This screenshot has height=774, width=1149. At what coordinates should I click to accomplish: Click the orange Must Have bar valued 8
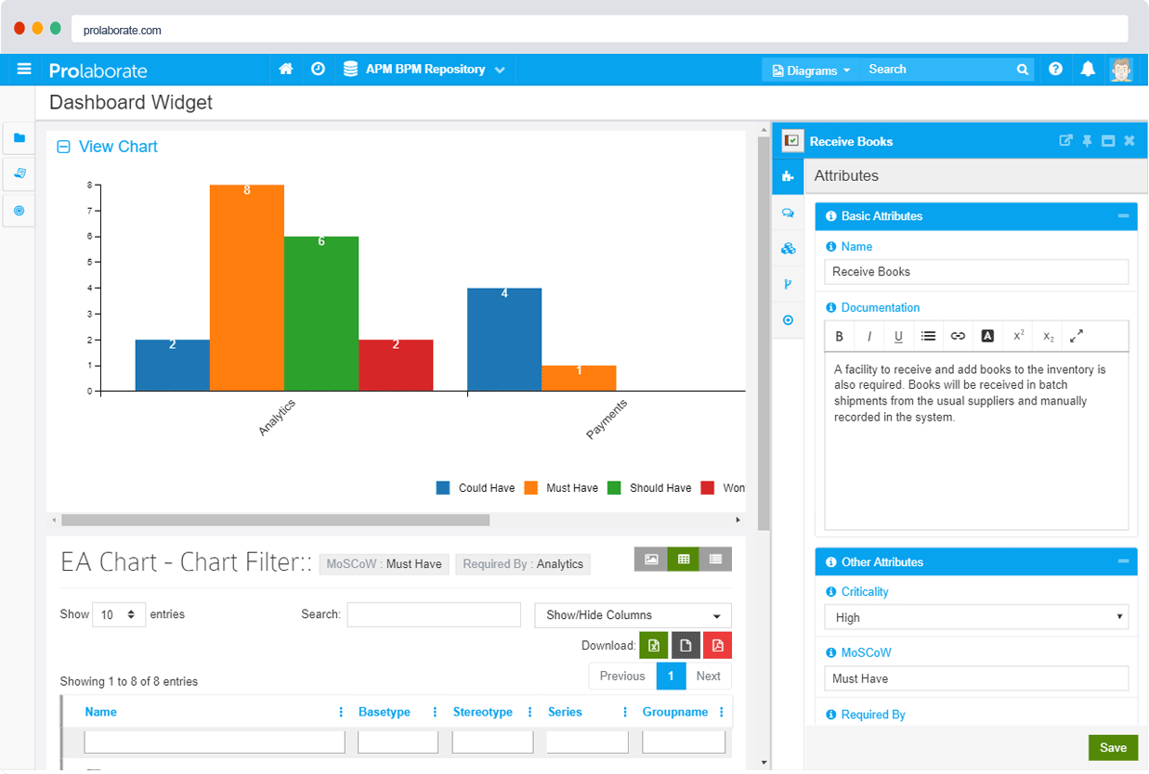[x=247, y=288]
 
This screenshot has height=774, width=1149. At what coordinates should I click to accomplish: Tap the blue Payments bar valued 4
[x=504, y=340]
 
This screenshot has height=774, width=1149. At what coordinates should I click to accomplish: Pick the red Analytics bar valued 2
[x=396, y=366]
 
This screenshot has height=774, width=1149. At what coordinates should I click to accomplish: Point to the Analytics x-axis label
[x=277, y=418]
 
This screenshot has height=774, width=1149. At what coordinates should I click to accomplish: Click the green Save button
[x=1113, y=747]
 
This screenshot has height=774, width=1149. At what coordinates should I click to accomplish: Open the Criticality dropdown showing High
[x=976, y=617]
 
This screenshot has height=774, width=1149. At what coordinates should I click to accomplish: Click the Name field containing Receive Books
[x=976, y=272]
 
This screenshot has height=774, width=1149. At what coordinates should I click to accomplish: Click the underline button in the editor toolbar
[x=898, y=337]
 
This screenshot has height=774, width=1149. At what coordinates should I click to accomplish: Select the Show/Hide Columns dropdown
[x=633, y=615]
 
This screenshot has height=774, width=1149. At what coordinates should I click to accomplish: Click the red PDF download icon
[x=718, y=646]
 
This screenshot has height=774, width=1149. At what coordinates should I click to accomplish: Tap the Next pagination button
[x=708, y=676]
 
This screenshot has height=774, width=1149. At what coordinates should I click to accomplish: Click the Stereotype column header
[x=482, y=712]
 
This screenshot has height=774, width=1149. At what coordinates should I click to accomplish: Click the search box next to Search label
[x=434, y=614]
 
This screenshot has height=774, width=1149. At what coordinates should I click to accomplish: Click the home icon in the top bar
[x=286, y=70]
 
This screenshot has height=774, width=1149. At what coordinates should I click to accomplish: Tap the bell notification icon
[x=1088, y=70]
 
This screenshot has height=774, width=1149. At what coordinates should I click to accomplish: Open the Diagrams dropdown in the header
[x=811, y=71]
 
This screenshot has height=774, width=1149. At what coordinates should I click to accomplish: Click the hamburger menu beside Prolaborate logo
[x=24, y=70]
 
